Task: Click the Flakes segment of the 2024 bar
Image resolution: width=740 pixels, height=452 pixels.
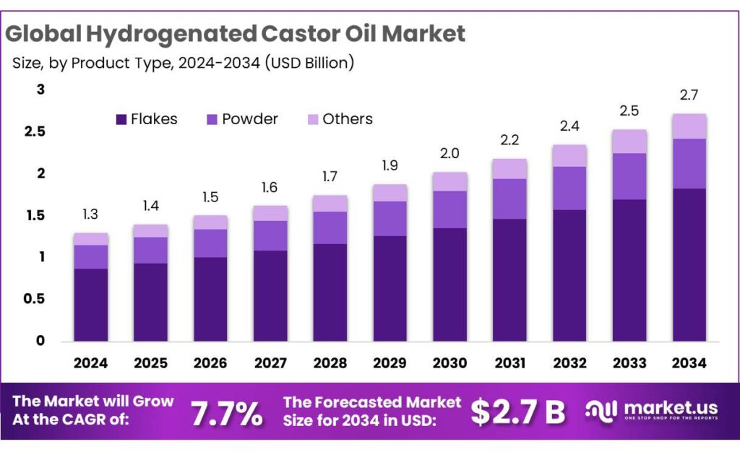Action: [x=91, y=304]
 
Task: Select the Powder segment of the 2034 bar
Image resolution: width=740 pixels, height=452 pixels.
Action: [x=689, y=163]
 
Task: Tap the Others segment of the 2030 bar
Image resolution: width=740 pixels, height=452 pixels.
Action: [x=449, y=181]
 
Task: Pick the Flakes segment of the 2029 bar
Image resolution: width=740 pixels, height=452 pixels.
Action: [x=390, y=288]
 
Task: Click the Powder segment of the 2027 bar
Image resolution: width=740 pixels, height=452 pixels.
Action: [x=270, y=235]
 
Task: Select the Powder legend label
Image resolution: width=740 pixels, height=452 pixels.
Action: [x=249, y=119]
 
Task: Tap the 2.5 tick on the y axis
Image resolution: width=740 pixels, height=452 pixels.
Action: [x=35, y=131]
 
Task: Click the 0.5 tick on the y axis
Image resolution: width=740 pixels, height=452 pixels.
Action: [x=35, y=298]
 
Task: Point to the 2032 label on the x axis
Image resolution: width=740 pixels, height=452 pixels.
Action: [x=569, y=363]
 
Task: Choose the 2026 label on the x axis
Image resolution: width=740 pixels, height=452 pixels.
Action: [x=210, y=363]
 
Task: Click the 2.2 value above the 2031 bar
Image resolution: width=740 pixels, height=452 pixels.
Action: [x=509, y=139]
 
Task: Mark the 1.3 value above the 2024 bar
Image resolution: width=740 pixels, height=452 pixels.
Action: [x=91, y=214]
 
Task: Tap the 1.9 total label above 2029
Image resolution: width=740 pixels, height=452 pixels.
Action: [x=390, y=165]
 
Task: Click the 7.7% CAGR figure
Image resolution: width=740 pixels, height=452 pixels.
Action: [x=226, y=412]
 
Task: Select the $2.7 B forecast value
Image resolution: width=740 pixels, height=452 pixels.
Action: [x=517, y=412]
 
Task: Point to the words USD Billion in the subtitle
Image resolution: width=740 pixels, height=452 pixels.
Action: [x=309, y=63]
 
